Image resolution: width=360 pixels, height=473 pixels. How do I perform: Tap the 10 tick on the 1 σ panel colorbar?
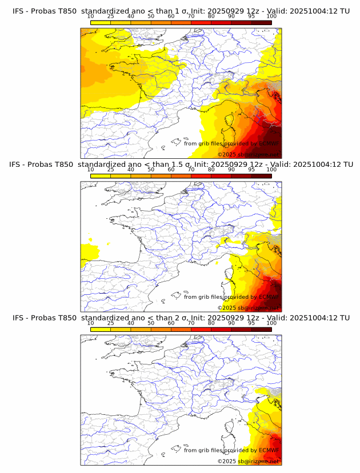coord(91,16)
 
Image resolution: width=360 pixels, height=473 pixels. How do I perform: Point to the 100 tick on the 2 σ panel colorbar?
coord(271,323)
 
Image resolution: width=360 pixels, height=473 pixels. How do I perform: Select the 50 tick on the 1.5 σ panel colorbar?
coord(151,169)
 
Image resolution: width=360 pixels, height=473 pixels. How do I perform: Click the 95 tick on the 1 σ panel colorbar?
coord(251,16)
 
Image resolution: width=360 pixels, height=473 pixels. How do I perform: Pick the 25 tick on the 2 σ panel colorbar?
coord(111,323)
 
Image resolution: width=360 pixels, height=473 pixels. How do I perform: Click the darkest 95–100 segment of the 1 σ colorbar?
coord(261,22)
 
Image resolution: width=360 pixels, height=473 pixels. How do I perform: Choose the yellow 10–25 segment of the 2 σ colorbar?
coord(101,329)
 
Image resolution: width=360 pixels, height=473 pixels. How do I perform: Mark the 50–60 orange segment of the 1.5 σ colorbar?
coord(161,175)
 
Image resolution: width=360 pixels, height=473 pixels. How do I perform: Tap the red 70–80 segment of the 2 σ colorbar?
coord(201,329)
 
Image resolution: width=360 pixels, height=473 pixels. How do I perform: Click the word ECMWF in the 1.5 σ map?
coord(269,297)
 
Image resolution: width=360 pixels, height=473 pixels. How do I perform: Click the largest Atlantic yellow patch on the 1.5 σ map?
coord(90,251)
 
